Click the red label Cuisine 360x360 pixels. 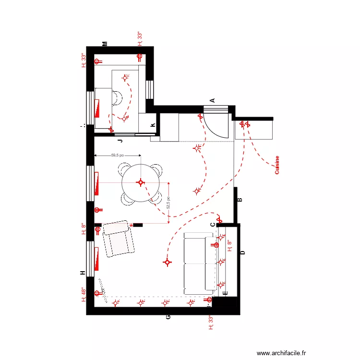click(277, 165)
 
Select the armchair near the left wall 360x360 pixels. click(118, 239)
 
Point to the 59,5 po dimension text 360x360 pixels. click(118, 156)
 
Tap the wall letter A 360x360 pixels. click(212, 100)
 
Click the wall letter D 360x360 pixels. click(242, 252)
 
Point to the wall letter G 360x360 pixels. click(168, 317)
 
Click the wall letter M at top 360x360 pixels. click(105, 44)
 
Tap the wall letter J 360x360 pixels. click(120, 141)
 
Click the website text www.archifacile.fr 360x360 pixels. click(281, 352)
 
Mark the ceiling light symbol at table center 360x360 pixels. click(141, 182)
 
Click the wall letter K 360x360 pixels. click(153, 125)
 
